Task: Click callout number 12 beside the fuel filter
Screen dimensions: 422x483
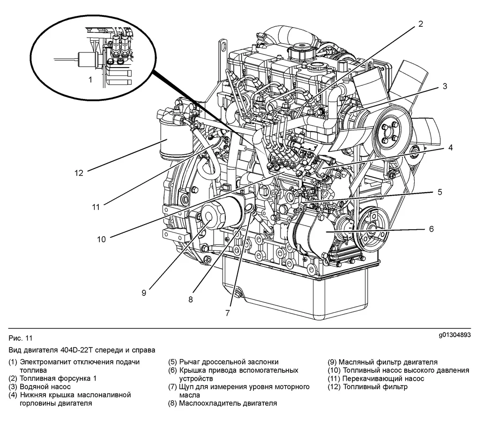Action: [x=78, y=173]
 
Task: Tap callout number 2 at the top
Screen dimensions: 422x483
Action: [x=420, y=24]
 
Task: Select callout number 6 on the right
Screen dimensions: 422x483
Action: [x=431, y=229]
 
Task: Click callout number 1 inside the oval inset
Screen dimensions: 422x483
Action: [x=90, y=80]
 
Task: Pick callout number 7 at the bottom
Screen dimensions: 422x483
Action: [x=228, y=313]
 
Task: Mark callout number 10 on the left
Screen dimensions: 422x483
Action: [x=102, y=239]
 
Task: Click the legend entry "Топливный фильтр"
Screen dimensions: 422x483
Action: [x=375, y=387]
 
